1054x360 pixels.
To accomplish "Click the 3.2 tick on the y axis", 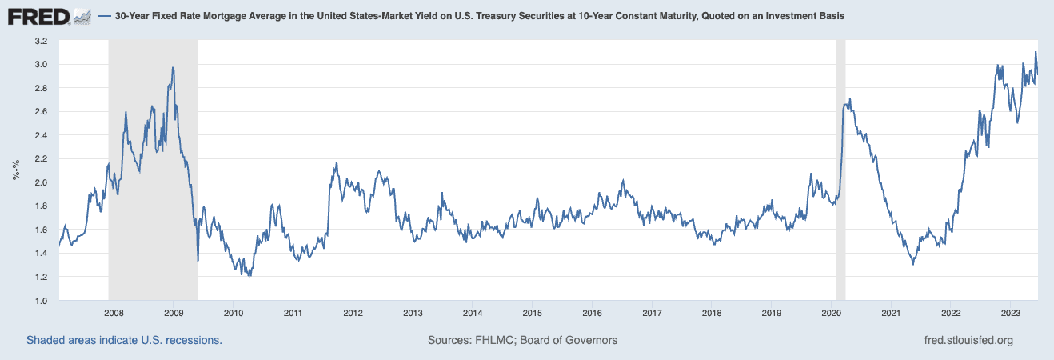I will pyautogui.click(x=41, y=41).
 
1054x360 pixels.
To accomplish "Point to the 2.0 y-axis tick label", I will pyautogui.click(x=41, y=182).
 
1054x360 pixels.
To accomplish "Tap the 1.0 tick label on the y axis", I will pyautogui.click(x=41, y=301).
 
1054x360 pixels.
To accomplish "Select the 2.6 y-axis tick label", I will pyautogui.click(x=41, y=111).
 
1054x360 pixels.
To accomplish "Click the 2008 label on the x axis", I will pyautogui.click(x=114, y=313).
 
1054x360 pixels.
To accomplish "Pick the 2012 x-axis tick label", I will pyautogui.click(x=353, y=313).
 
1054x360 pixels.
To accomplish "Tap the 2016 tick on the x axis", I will pyautogui.click(x=592, y=313).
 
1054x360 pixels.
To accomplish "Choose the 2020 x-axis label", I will pyautogui.click(x=831, y=313).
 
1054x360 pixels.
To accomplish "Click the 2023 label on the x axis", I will pyautogui.click(x=1010, y=313).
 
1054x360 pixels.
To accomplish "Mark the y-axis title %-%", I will pyautogui.click(x=17, y=170).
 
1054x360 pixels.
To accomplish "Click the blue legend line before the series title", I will pyautogui.click(x=106, y=16).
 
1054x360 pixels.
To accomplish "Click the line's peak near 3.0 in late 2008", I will pyautogui.click(x=173, y=68).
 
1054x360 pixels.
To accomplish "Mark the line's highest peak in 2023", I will pyautogui.click(x=1036, y=53).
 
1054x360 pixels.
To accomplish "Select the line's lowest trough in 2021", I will pyautogui.click(x=912, y=264).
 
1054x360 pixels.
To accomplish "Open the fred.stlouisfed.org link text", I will pyautogui.click(x=968, y=340).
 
